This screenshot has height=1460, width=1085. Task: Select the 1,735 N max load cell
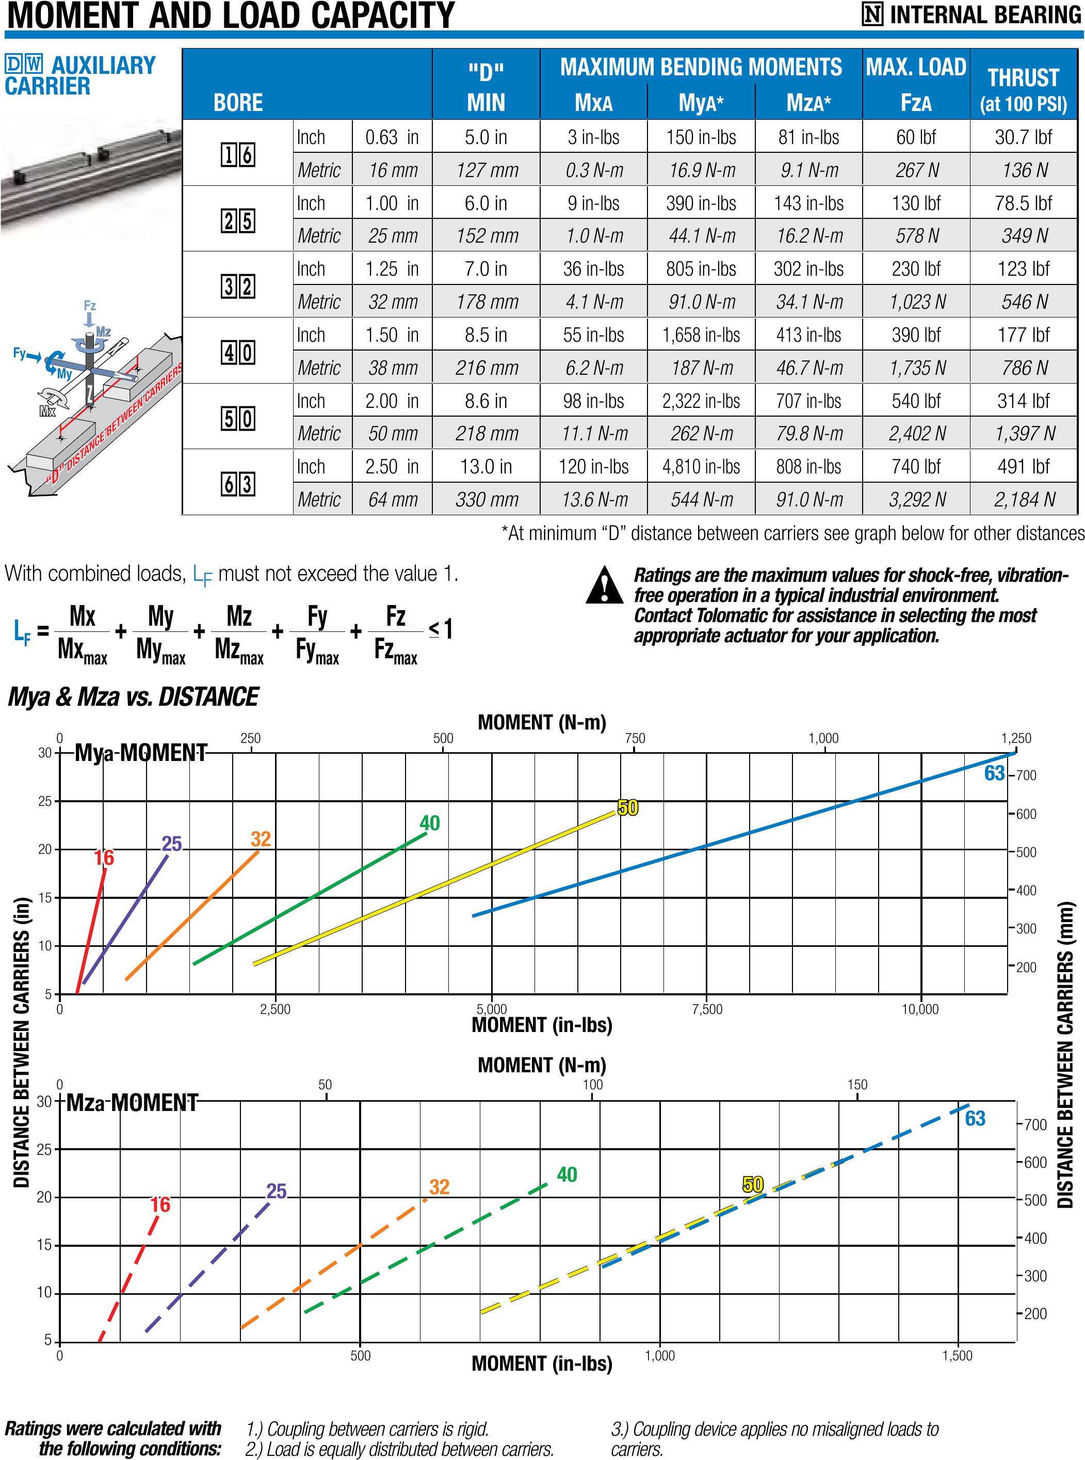click(917, 368)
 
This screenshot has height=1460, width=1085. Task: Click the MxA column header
click(593, 103)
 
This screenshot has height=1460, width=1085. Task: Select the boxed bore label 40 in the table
click(238, 353)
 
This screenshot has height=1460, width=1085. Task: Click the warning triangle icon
click(604, 585)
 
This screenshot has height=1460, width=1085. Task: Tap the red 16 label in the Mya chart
click(104, 858)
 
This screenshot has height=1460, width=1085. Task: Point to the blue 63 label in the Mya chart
click(994, 773)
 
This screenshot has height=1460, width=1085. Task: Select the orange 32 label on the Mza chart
click(440, 1187)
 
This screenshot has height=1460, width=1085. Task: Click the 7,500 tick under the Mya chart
click(707, 1009)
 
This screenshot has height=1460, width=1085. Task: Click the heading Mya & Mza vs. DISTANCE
click(133, 697)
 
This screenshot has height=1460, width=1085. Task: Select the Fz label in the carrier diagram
click(90, 306)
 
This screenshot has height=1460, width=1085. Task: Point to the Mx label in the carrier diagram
click(47, 411)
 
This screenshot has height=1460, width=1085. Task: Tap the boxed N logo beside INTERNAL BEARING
click(873, 14)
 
